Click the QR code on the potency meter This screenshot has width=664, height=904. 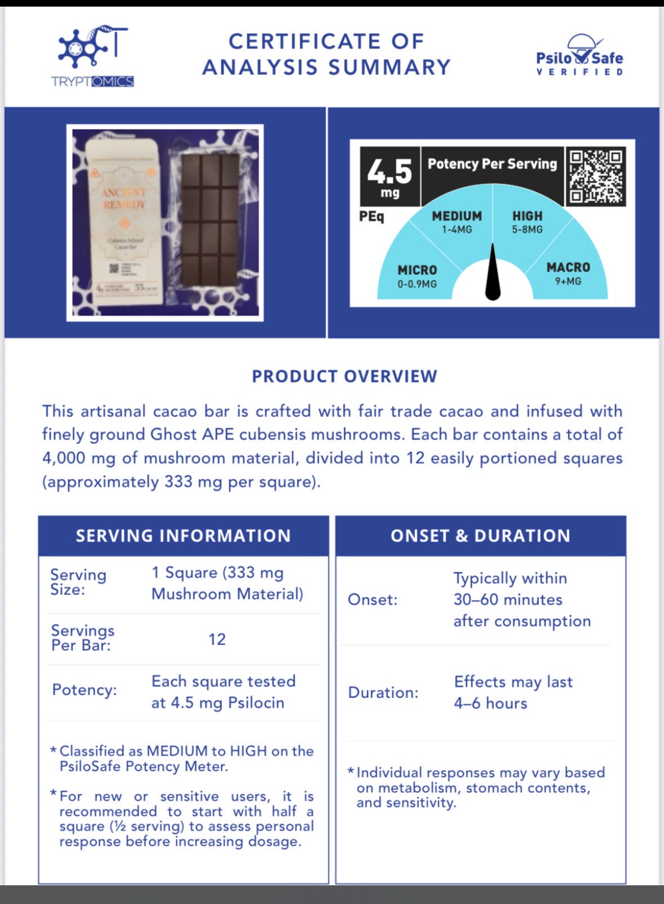pyautogui.click(x=596, y=177)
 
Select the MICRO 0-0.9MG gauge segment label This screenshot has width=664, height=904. pyautogui.click(x=417, y=276)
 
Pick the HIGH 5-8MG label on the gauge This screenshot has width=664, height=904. pyautogui.click(x=527, y=222)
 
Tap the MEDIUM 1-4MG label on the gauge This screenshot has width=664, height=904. pyautogui.click(x=457, y=222)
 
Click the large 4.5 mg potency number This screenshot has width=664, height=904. pyautogui.click(x=390, y=176)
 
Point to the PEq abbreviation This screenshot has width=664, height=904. pyautogui.click(x=372, y=216)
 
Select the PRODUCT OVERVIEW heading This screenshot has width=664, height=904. pyautogui.click(x=345, y=376)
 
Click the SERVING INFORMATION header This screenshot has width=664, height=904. pyautogui.click(x=183, y=536)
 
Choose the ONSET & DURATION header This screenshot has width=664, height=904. pyautogui.click(x=481, y=536)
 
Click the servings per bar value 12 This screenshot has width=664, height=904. pyautogui.click(x=217, y=640)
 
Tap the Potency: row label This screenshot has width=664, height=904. pyautogui.click(x=84, y=690)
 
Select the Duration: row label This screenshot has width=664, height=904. pyautogui.click(x=383, y=692)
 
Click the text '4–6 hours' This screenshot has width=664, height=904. pyautogui.click(x=491, y=703)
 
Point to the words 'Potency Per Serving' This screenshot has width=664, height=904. pyautogui.click(x=492, y=164)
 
